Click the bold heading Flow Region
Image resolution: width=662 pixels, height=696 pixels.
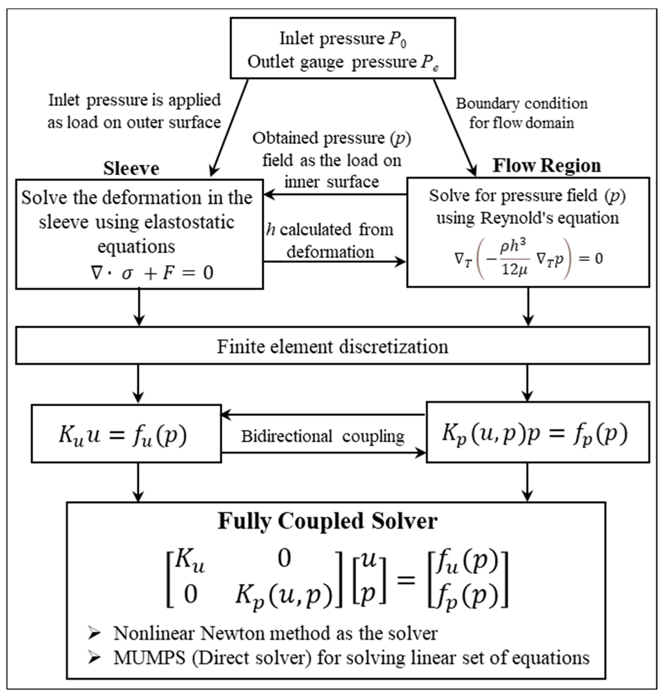click(x=546, y=165)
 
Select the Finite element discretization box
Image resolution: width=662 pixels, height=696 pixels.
click(x=332, y=346)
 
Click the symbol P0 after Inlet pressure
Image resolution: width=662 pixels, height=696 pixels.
click(x=397, y=39)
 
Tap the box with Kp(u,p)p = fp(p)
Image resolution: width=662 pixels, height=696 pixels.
click(x=537, y=432)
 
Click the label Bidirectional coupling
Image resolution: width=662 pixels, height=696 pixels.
click(x=322, y=436)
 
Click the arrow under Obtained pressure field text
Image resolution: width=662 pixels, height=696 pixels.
click(x=335, y=194)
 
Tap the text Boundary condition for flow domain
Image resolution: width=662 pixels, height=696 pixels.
click(x=522, y=113)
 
